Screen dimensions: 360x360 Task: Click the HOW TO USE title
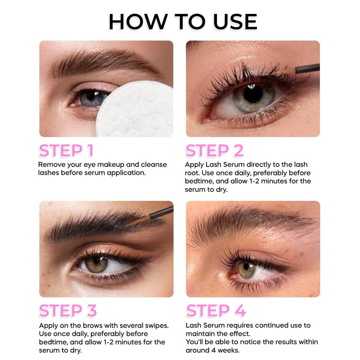click(x=183, y=22)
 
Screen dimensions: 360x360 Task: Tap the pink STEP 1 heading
click(x=66, y=151)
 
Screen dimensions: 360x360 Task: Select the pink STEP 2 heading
click(x=215, y=151)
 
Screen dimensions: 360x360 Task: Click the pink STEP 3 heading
click(x=68, y=310)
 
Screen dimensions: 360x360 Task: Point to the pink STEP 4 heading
click(x=216, y=310)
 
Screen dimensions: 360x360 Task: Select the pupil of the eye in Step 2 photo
click(x=253, y=94)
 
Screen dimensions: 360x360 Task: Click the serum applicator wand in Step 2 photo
click(x=298, y=70)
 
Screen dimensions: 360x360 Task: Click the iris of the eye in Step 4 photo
click(x=247, y=270)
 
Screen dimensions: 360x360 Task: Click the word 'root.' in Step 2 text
click(x=192, y=173)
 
